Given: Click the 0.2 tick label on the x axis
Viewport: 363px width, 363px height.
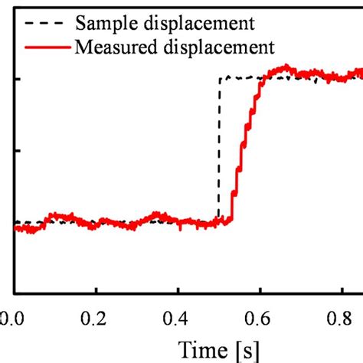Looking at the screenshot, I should (96, 316).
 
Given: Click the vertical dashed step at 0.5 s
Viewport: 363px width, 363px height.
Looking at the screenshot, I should (219, 153).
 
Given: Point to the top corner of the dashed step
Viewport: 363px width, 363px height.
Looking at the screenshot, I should (220, 78).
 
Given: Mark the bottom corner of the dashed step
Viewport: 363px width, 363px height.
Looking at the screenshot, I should (219, 222).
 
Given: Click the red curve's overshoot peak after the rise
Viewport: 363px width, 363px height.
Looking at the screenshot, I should (284, 68).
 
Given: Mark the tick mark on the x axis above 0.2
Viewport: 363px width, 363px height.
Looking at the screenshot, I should (96, 289).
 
